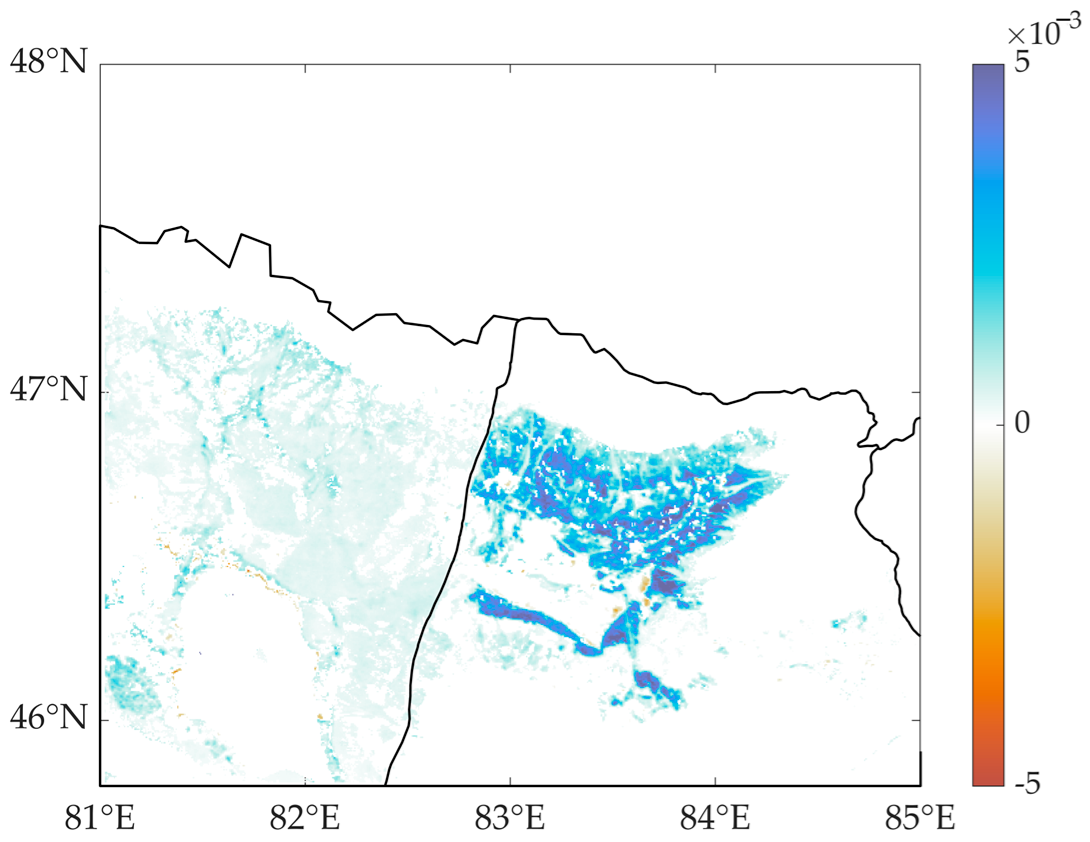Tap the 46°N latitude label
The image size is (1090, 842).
[x=49, y=718]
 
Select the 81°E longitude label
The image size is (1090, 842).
[x=100, y=819]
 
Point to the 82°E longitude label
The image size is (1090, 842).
[x=305, y=819]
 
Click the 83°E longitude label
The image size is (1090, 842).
[x=510, y=819]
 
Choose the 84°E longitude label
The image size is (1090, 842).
[x=715, y=819]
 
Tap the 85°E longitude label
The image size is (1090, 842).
[x=920, y=819]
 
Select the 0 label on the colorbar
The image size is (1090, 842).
[x=1022, y=424]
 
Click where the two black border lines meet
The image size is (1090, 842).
[x=517, y=319]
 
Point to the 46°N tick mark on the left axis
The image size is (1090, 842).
[x=103, y=720]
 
